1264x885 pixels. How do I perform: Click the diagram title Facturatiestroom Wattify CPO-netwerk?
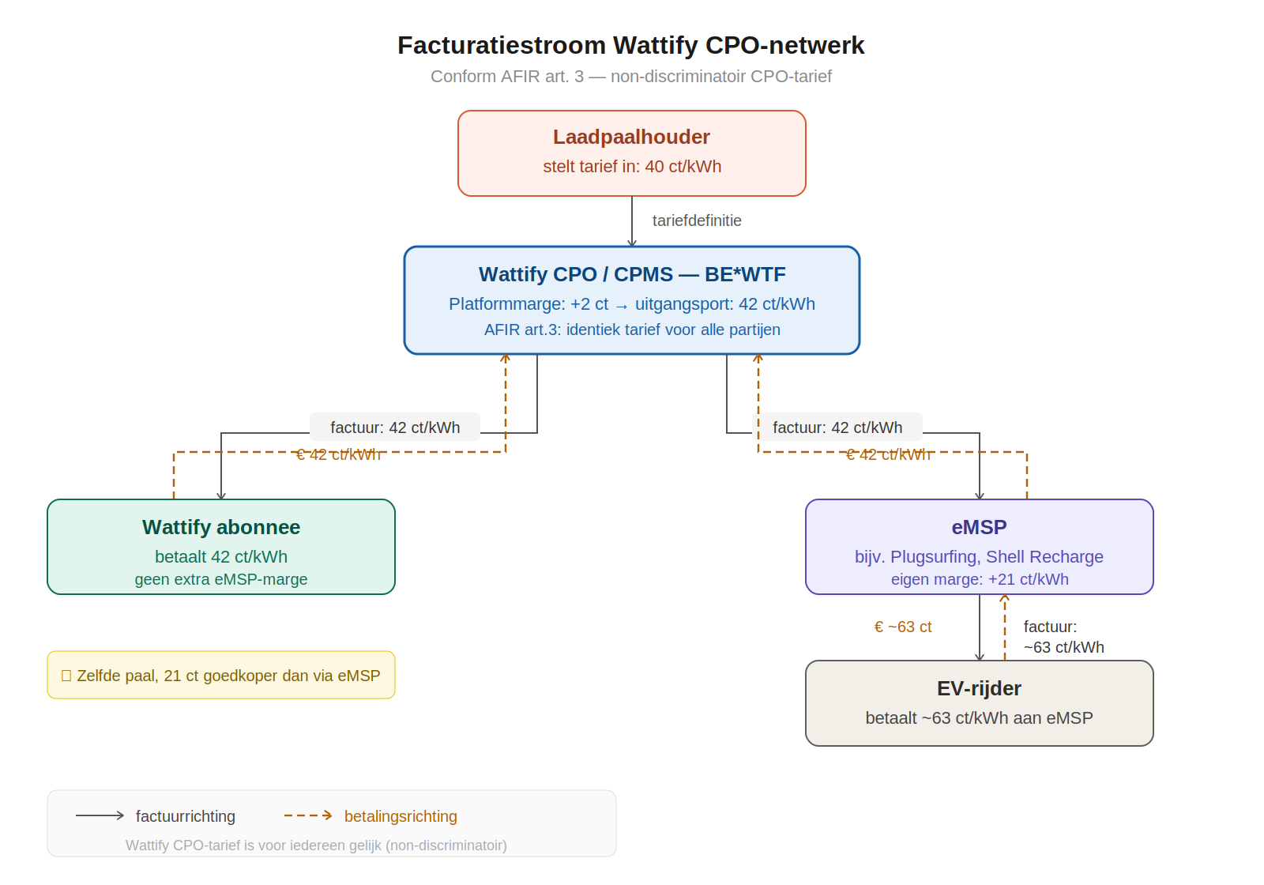630,46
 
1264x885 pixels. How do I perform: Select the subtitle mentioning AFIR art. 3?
630,77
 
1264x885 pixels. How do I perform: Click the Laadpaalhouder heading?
631,137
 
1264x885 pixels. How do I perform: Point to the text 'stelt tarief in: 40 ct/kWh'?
631,167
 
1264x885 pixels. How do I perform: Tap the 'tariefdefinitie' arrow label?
696,220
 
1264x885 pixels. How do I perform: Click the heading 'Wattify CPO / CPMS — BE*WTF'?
631,274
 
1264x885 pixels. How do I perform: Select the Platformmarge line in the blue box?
631,304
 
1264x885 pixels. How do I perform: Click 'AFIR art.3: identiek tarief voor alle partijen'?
631,330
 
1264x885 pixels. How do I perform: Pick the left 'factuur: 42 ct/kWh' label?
394,427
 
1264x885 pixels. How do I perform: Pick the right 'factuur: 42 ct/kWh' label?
837,427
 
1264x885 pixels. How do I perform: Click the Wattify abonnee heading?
220,527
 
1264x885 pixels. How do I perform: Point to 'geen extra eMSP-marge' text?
220,579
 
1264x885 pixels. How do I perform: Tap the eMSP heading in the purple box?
979,527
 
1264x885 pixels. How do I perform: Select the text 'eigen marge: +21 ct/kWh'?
979,579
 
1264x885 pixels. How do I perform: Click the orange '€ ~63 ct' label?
902,627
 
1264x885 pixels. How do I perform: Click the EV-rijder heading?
979,688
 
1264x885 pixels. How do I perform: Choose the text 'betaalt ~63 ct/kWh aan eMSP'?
979,718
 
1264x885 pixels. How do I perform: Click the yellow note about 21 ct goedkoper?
221,676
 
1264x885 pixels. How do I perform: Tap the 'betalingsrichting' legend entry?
400,816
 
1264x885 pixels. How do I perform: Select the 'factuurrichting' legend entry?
185,816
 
